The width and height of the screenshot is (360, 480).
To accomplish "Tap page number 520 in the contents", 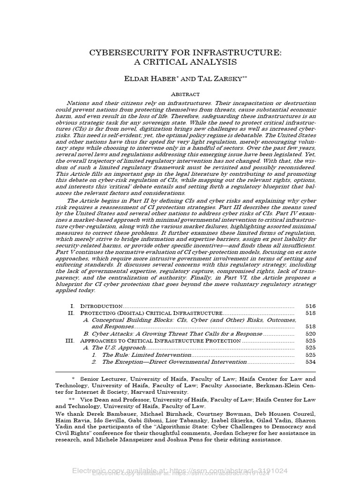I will (x=310, y=334).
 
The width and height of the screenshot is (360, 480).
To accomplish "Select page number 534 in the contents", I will (x=310, y=362).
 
